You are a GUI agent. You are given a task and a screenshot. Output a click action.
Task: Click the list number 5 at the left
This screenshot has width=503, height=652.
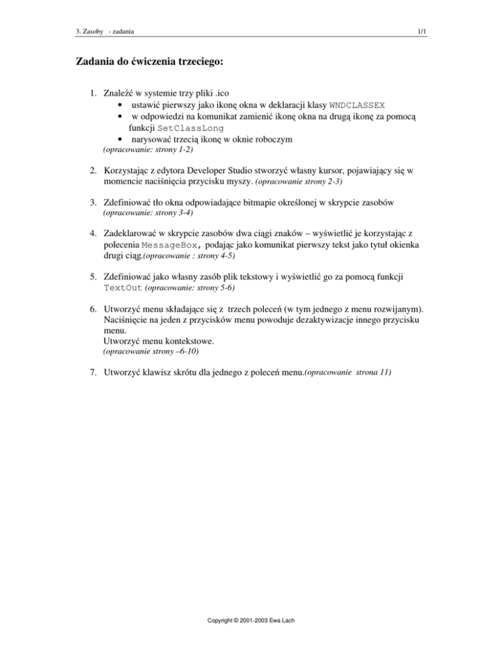point(95,277)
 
